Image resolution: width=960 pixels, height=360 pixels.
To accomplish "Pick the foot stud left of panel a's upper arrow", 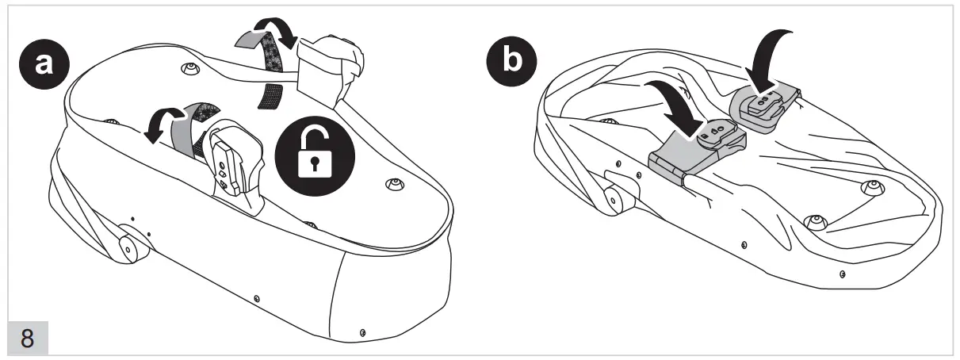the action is [x=189, y=70].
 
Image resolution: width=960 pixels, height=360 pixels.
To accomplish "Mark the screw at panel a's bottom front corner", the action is [x=362, y=331].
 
